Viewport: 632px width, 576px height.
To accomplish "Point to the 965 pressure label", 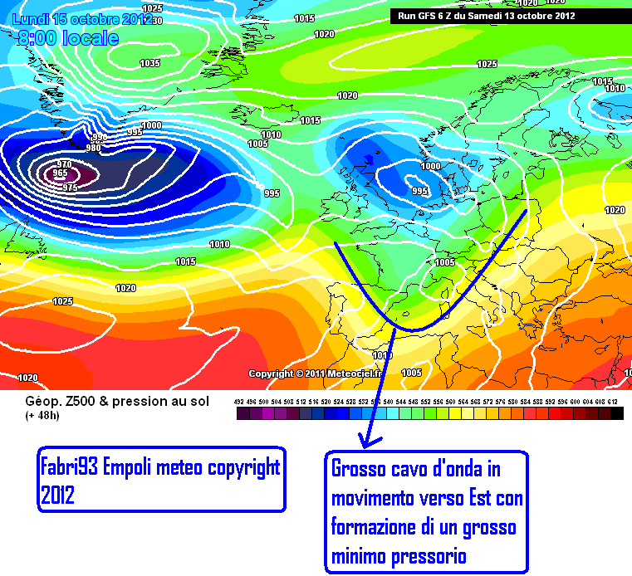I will (x=60, y=173).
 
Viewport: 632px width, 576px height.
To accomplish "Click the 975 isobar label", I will (x=71, y=188).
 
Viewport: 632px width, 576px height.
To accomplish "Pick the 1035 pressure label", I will (x=150, y=63).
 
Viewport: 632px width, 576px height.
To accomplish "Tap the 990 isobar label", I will (x=100, y=137).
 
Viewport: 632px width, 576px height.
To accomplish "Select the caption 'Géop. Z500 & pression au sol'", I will (x=117, y=401).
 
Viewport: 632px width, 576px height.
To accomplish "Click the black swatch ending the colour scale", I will (x=616, y=413).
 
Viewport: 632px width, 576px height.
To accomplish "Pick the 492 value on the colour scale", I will (x=240, y=402).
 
